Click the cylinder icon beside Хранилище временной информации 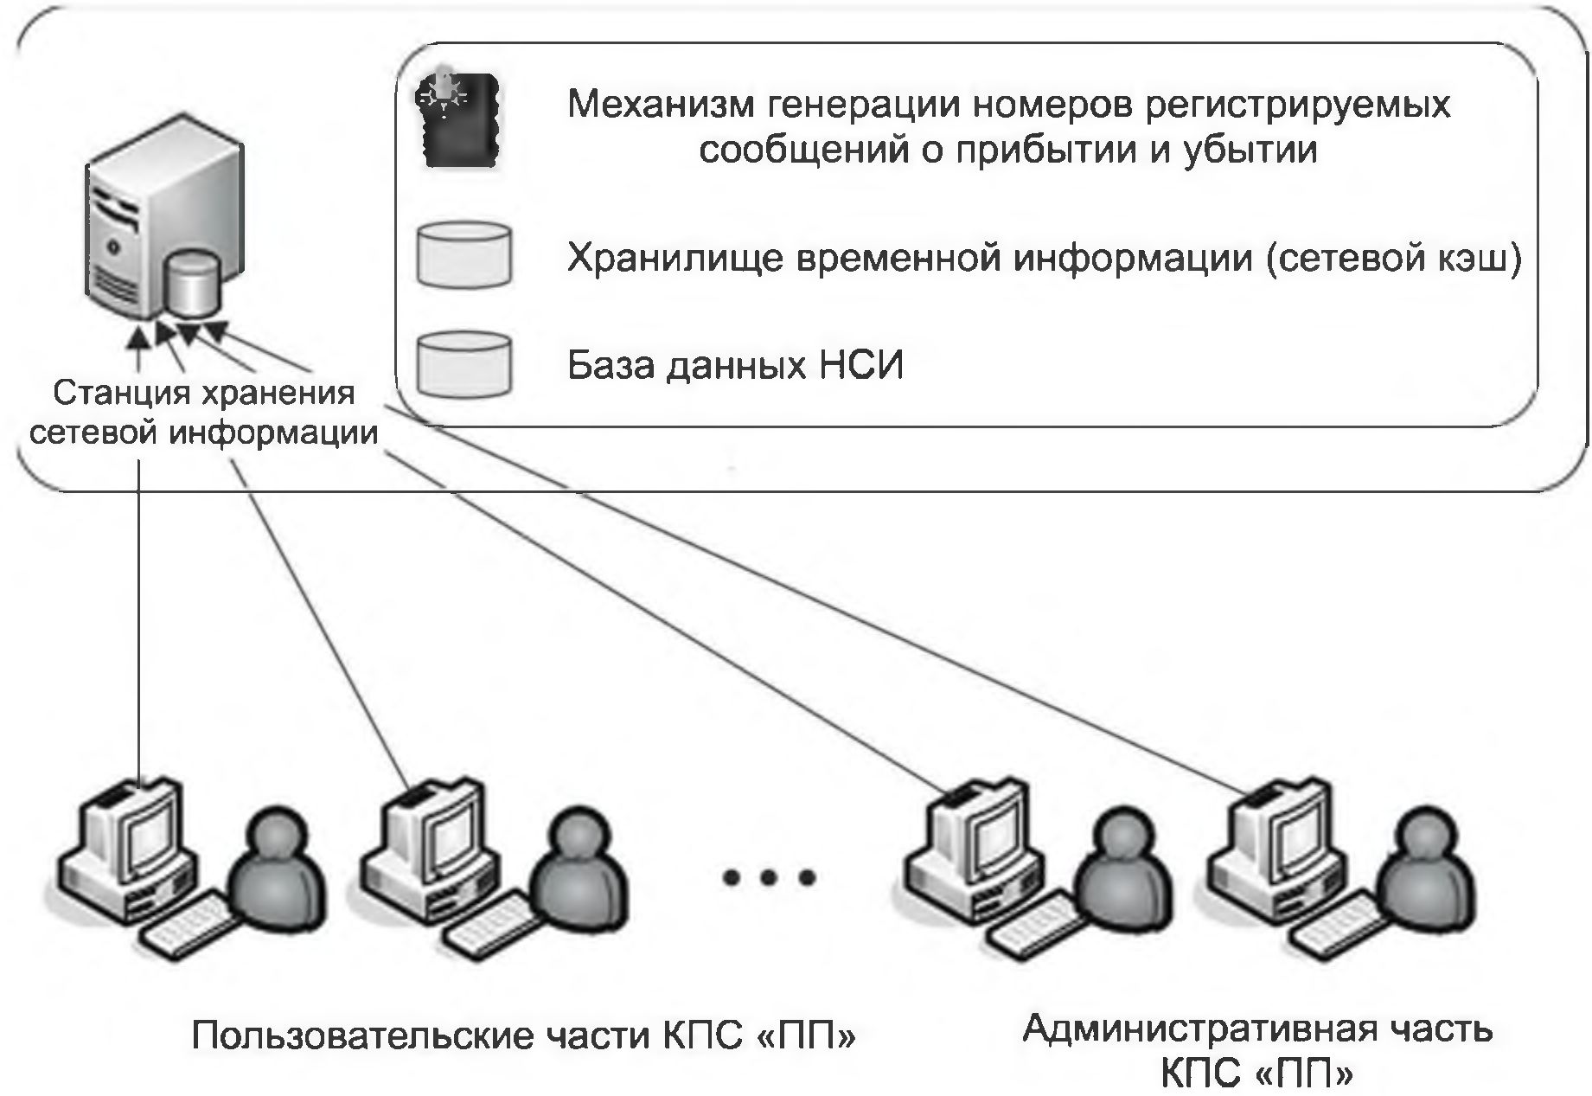[x=464, y=255]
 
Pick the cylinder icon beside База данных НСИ [x=464, y=363]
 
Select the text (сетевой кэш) [x=1392, y=258]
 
